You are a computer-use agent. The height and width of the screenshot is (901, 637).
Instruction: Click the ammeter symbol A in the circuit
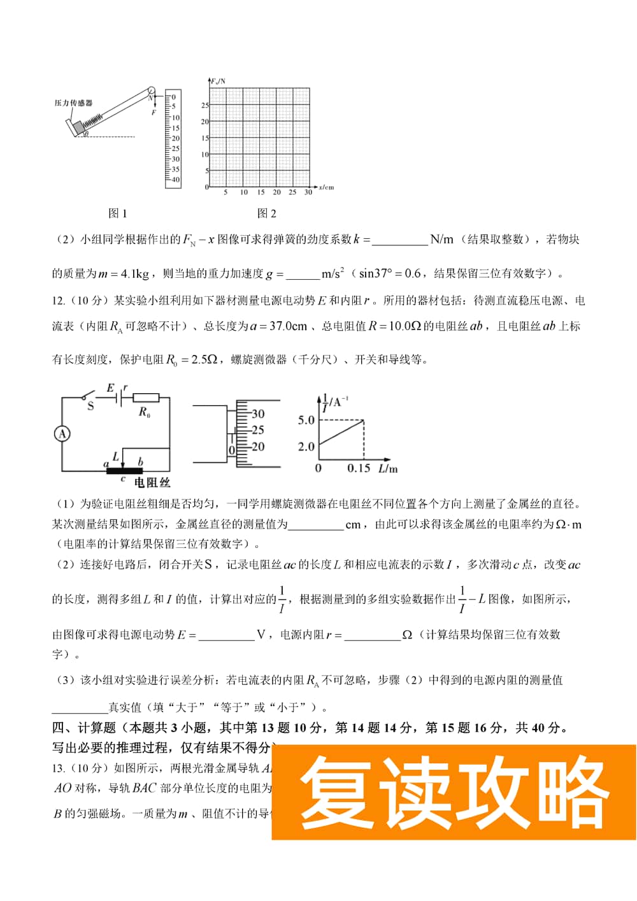(62, 434)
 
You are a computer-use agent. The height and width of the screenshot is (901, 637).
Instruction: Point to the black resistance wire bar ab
(124, 471)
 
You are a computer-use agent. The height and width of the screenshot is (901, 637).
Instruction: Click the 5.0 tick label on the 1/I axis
(306, 420)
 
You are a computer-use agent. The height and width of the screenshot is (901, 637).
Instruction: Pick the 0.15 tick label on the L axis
(359, 468)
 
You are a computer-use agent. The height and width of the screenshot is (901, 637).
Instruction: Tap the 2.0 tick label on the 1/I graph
(306, 447)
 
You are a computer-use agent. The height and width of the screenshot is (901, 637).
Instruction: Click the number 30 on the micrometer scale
(257, 414)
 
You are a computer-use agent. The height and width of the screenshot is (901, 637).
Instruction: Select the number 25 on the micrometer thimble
(257, 430)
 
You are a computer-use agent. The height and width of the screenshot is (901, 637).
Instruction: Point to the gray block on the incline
(79, 129)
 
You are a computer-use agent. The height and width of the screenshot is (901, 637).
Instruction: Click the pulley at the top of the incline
(151, 90)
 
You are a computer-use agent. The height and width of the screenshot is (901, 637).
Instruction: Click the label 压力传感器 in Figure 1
(73, 103)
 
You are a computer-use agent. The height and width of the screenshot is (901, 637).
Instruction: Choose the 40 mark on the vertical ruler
(176, 180)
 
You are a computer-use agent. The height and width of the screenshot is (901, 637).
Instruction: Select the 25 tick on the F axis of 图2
(205, 105)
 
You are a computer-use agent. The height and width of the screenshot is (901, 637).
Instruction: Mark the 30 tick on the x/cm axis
(308, 192)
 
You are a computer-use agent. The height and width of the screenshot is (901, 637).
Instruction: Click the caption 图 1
(118, 213)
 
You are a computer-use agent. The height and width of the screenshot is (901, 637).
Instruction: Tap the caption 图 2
(267, 213)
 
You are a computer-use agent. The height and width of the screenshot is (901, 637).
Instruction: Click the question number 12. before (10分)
(59, 301)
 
